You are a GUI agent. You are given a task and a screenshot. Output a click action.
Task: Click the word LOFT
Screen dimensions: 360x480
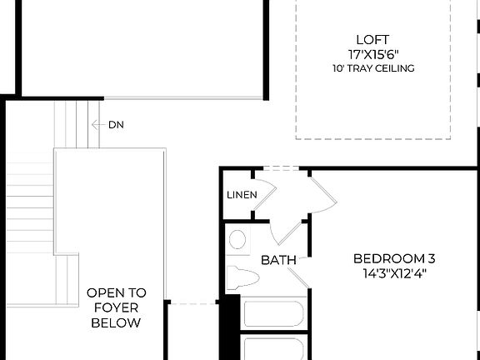pos(372,38)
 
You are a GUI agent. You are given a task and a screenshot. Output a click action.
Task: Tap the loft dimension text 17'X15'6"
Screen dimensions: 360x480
pos(372,53)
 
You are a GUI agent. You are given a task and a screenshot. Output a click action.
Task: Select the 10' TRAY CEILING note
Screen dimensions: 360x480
pos(372,68)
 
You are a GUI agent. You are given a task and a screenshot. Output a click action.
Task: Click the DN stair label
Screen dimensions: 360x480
pos(117,125)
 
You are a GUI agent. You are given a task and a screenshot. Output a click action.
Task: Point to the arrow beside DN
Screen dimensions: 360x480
pos(98,125)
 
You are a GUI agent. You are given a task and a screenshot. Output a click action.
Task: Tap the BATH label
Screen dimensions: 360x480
pos(278,260)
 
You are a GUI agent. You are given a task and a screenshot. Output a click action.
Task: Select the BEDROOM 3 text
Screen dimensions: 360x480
pos(394,257)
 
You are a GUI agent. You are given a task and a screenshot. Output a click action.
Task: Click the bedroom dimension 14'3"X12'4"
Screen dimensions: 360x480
pos(394,272)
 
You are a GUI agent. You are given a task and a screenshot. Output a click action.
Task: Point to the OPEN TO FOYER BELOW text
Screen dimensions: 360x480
pos(117,307)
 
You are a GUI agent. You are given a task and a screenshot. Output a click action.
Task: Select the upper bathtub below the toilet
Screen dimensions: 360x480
pos(273,314)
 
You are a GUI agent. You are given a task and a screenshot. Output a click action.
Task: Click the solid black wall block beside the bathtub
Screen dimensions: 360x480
pos(229,325)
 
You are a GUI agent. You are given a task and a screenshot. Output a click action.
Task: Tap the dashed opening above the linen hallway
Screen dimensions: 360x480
pos(280,169)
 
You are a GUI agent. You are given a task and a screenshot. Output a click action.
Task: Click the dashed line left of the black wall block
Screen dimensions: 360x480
pos(193,303)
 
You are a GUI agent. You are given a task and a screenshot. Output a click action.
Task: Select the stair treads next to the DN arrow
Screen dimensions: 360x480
pos(77,125)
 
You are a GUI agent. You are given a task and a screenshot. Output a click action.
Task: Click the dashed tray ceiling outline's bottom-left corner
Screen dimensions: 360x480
pos(297,137)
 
